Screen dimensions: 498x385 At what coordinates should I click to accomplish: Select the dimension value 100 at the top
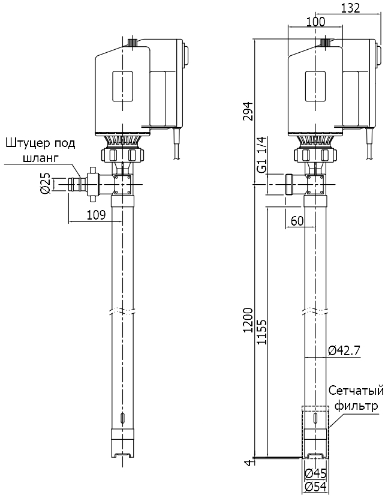pos(315,22)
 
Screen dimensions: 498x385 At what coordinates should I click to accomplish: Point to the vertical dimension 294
pos(248,110)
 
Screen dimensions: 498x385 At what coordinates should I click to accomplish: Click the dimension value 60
pos(297,221)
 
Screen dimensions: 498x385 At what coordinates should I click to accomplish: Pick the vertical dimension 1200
pos(248,326)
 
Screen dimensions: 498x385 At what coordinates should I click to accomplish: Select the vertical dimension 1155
pos(261,331)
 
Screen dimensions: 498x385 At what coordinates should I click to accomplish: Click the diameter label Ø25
pos(45,183)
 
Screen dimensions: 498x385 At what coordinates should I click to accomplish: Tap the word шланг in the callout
pos(39,158)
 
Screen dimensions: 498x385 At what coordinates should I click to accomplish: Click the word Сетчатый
pos(356,391)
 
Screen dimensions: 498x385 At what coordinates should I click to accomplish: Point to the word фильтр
pos(357,406)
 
